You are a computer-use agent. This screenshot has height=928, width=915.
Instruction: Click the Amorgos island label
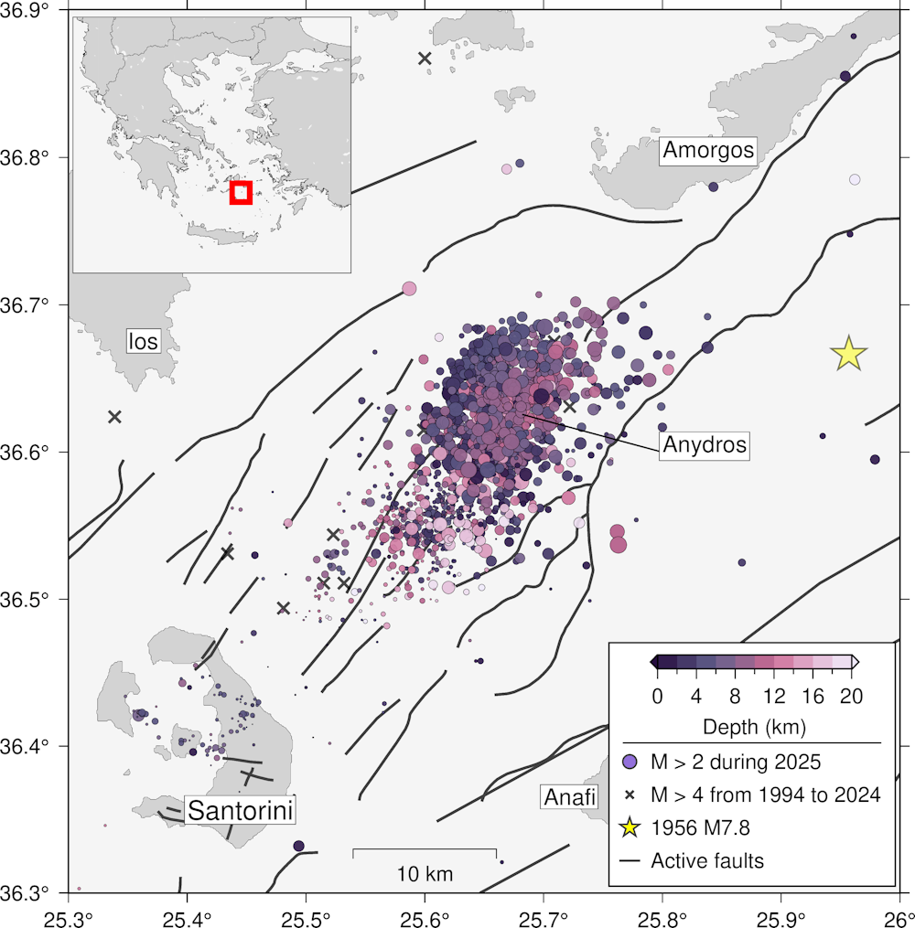point(710,150)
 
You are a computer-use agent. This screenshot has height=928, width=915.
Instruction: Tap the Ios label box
point(143,342)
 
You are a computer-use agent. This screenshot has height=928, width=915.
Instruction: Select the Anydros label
point(705,445)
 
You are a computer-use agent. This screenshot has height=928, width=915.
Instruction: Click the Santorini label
point(242,810)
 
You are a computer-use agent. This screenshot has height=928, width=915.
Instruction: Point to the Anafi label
point(570,797)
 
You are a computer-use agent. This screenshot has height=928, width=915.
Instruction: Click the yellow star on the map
point(849,353)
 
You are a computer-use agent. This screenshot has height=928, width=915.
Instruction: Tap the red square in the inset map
point(241,192)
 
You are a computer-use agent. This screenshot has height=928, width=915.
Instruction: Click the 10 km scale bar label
point(425,874)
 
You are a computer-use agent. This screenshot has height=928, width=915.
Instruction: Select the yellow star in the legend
point(630,828)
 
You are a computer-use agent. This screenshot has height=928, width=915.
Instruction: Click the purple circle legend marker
point(630,761)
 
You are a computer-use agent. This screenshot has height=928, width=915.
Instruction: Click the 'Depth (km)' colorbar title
point(753,728)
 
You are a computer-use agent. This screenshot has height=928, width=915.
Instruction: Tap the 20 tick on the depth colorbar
point(851,697)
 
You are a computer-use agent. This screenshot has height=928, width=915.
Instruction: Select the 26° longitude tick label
point(897,913)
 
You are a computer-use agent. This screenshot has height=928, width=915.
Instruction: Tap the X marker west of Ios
point(114,417)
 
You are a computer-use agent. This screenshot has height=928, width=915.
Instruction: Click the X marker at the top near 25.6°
point(425,59)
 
